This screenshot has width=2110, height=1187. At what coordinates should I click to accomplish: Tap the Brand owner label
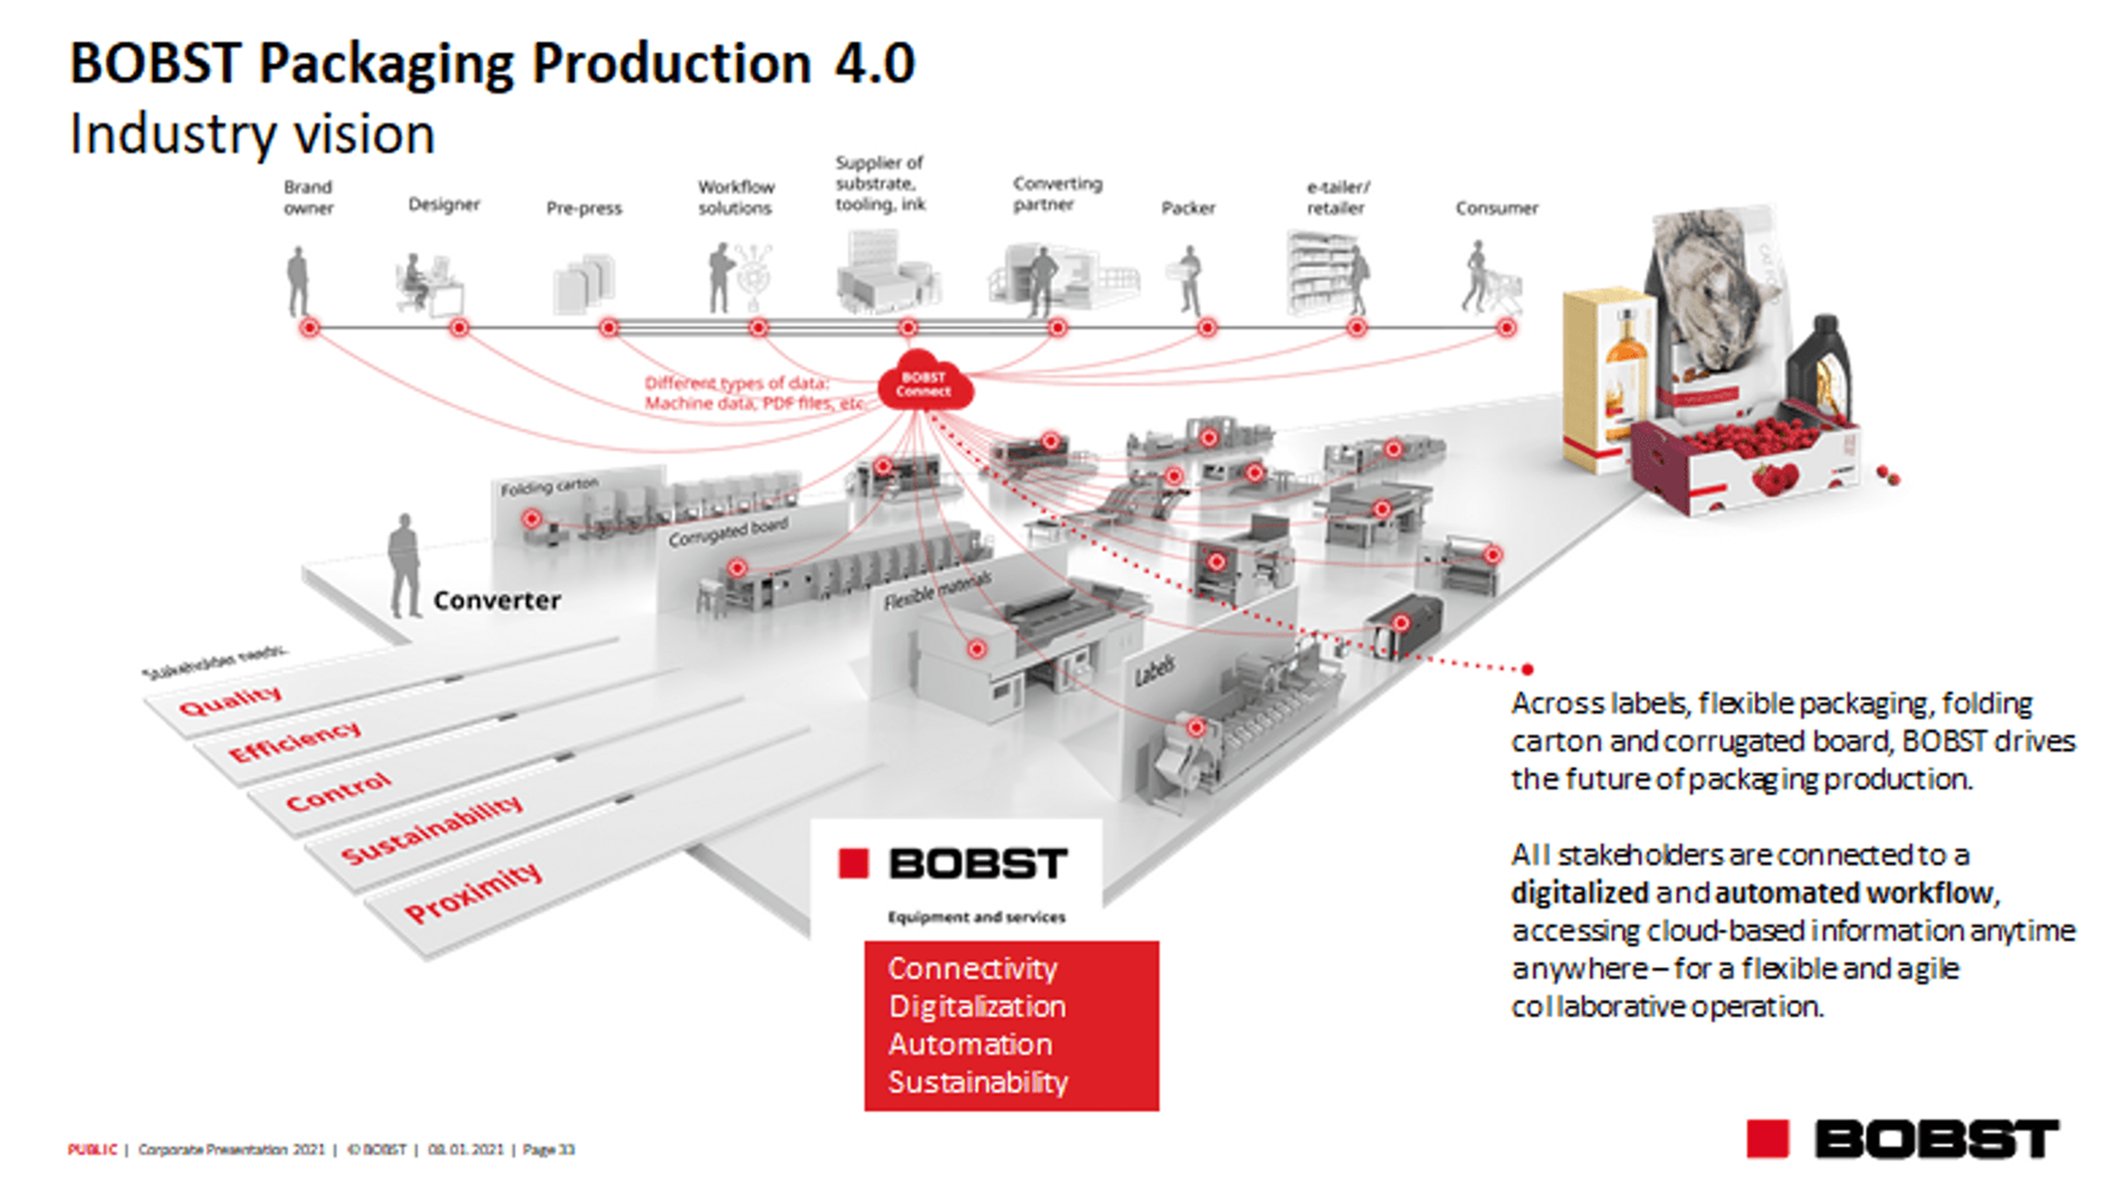(x=308, y=198)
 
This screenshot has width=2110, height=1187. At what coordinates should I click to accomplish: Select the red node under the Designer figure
(x=459, y=327)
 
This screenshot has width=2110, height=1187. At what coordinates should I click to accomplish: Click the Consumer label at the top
(x=1496, y=208)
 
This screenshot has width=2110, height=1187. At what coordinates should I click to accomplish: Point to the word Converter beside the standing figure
(x=496, y=600)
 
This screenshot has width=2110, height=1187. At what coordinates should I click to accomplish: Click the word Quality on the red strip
(x=230, y=701)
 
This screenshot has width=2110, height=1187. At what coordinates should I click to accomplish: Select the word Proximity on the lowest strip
(x=473, y=892)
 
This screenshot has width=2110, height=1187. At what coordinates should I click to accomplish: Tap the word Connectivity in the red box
(x=972, y=969)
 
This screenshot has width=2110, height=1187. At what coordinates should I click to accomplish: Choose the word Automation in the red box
(x=970, y=1044)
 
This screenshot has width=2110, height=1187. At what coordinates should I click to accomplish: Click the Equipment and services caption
(x=976, y=917)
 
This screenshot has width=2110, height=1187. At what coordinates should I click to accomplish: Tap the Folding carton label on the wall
(x=549, y=486)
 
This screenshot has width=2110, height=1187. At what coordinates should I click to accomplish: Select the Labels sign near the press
(x=1155, y=671)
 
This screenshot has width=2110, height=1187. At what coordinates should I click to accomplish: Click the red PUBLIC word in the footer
(x=92, y=1149)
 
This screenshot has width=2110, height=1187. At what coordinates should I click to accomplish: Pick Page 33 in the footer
(x=548, y=1149)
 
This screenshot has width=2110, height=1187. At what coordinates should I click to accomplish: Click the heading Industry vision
(x=252, y=134)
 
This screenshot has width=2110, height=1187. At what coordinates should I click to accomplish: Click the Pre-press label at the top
(x=584, y=208)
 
